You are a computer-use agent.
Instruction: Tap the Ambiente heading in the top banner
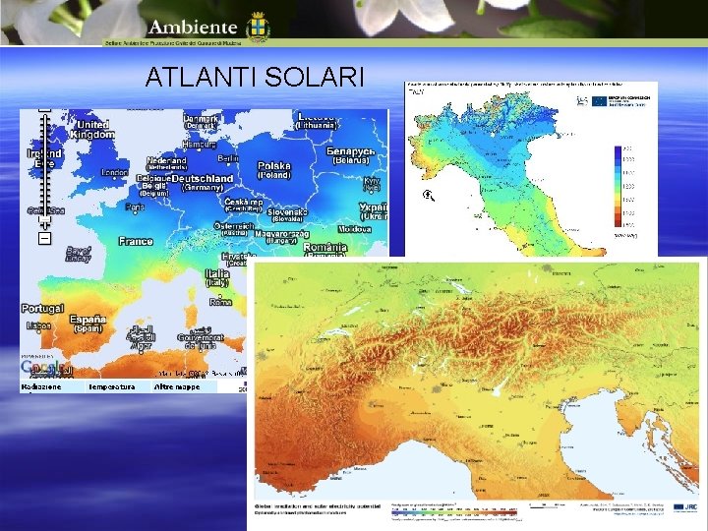(x=195, y=28)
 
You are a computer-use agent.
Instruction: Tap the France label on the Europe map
(x=136, y=241)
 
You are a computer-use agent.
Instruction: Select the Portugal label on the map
(x=41, y=309)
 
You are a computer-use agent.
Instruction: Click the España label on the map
(x=88, y=320)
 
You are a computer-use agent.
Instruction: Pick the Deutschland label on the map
(x=203, y=179)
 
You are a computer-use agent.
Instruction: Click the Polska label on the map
(x=273, y=166)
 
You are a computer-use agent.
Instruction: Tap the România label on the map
(x=324, y=248)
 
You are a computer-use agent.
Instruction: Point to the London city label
(x=114, y=172)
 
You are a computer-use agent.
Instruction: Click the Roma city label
(x=220, y=302)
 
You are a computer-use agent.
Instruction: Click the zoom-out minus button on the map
(x=44, y=238)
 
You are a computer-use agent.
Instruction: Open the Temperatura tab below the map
(x=111, y=387)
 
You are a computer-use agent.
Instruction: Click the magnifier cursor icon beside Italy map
(x=428, y=196)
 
